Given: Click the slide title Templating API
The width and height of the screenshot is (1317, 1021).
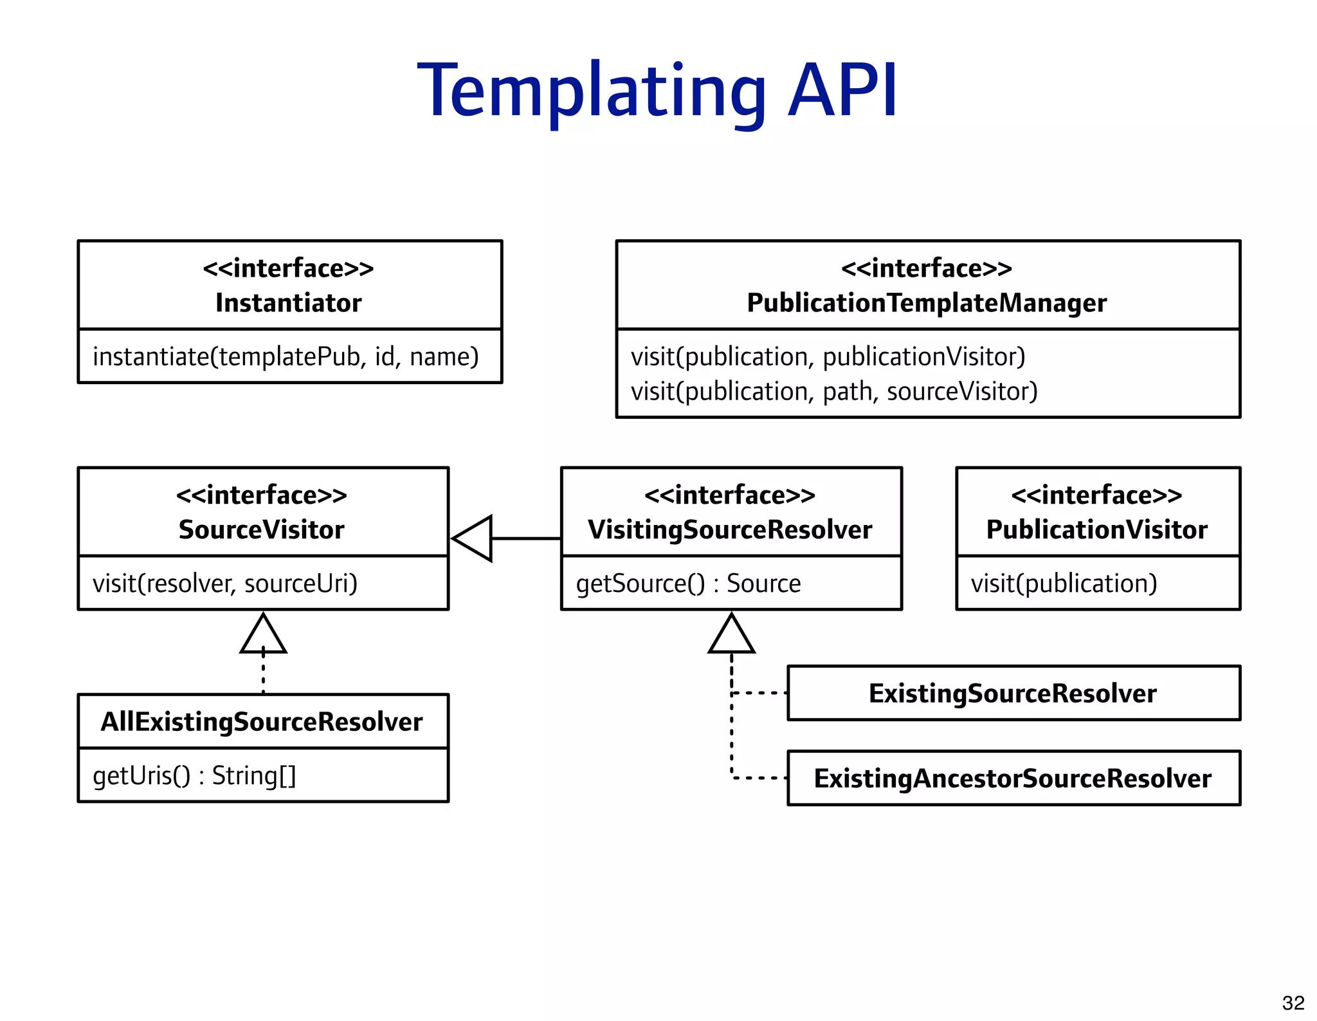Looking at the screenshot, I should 657,91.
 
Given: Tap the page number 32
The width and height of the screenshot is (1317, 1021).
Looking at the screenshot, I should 1293,1002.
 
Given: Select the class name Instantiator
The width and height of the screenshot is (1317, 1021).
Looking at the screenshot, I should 289,303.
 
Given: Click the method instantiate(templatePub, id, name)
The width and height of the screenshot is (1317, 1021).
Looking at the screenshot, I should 286,357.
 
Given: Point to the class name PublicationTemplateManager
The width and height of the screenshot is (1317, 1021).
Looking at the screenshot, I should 927,303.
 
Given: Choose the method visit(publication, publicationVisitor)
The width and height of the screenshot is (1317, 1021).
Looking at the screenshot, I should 828,357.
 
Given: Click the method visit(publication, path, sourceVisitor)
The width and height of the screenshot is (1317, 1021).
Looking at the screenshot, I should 834,392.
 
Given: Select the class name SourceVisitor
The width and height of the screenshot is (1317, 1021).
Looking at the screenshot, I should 262,530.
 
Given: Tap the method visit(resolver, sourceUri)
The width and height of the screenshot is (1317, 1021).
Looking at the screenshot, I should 225,584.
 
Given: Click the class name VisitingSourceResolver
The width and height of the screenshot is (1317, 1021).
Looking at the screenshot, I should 730,530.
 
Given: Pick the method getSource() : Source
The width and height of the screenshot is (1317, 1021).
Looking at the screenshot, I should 688,584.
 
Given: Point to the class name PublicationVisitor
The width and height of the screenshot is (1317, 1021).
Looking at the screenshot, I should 1096,530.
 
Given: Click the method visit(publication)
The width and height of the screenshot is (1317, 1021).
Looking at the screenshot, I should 1064,584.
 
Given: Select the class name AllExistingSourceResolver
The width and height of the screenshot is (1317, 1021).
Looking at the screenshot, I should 262,722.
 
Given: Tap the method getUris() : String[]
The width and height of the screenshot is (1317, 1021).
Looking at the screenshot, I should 194,776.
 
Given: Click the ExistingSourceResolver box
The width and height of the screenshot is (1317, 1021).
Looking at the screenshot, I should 1013,694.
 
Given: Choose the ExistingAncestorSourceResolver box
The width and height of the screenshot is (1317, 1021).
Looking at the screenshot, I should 1013,778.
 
